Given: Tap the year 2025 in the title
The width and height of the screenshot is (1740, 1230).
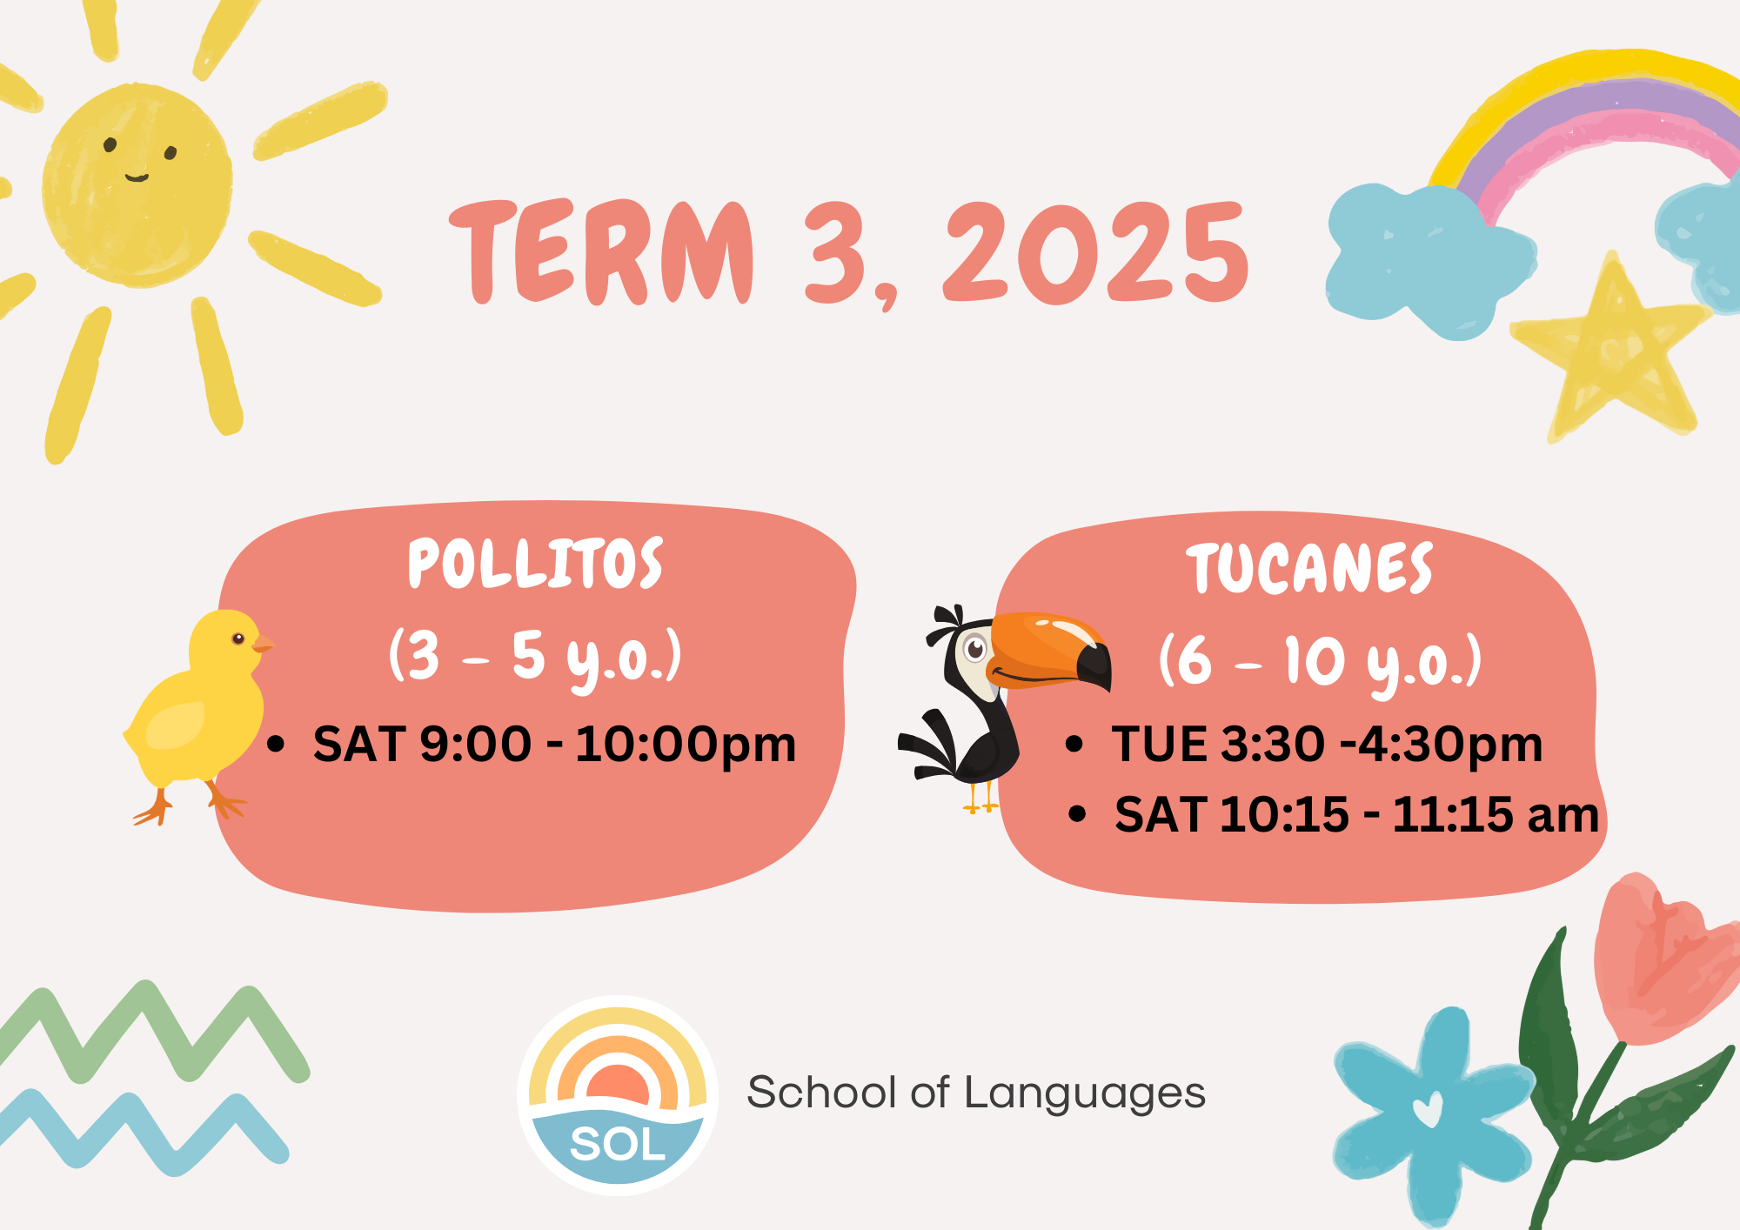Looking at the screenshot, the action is point(1096,252).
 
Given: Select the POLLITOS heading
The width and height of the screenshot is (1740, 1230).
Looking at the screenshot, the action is point(536,564).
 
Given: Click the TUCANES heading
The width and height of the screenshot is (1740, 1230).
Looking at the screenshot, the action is point(1309,569).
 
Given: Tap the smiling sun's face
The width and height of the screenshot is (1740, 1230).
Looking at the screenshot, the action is point(137,184).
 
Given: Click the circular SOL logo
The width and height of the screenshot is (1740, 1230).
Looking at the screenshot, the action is point(618,1095).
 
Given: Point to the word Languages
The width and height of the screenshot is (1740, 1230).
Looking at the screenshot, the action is point(1085,1094).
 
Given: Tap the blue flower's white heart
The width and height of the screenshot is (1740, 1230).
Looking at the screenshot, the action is point(1428,1109).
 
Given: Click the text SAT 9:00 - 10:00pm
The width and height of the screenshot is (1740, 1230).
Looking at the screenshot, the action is point(554,745).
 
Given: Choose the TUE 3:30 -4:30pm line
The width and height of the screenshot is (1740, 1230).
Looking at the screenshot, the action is point(1327,745).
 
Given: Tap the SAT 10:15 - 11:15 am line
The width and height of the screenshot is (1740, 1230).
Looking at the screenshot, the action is point(1356,815).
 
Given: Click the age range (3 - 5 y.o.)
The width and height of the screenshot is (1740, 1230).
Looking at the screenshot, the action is point(535,658).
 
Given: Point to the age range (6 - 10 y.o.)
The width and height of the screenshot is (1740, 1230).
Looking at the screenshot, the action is point(1320,664).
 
